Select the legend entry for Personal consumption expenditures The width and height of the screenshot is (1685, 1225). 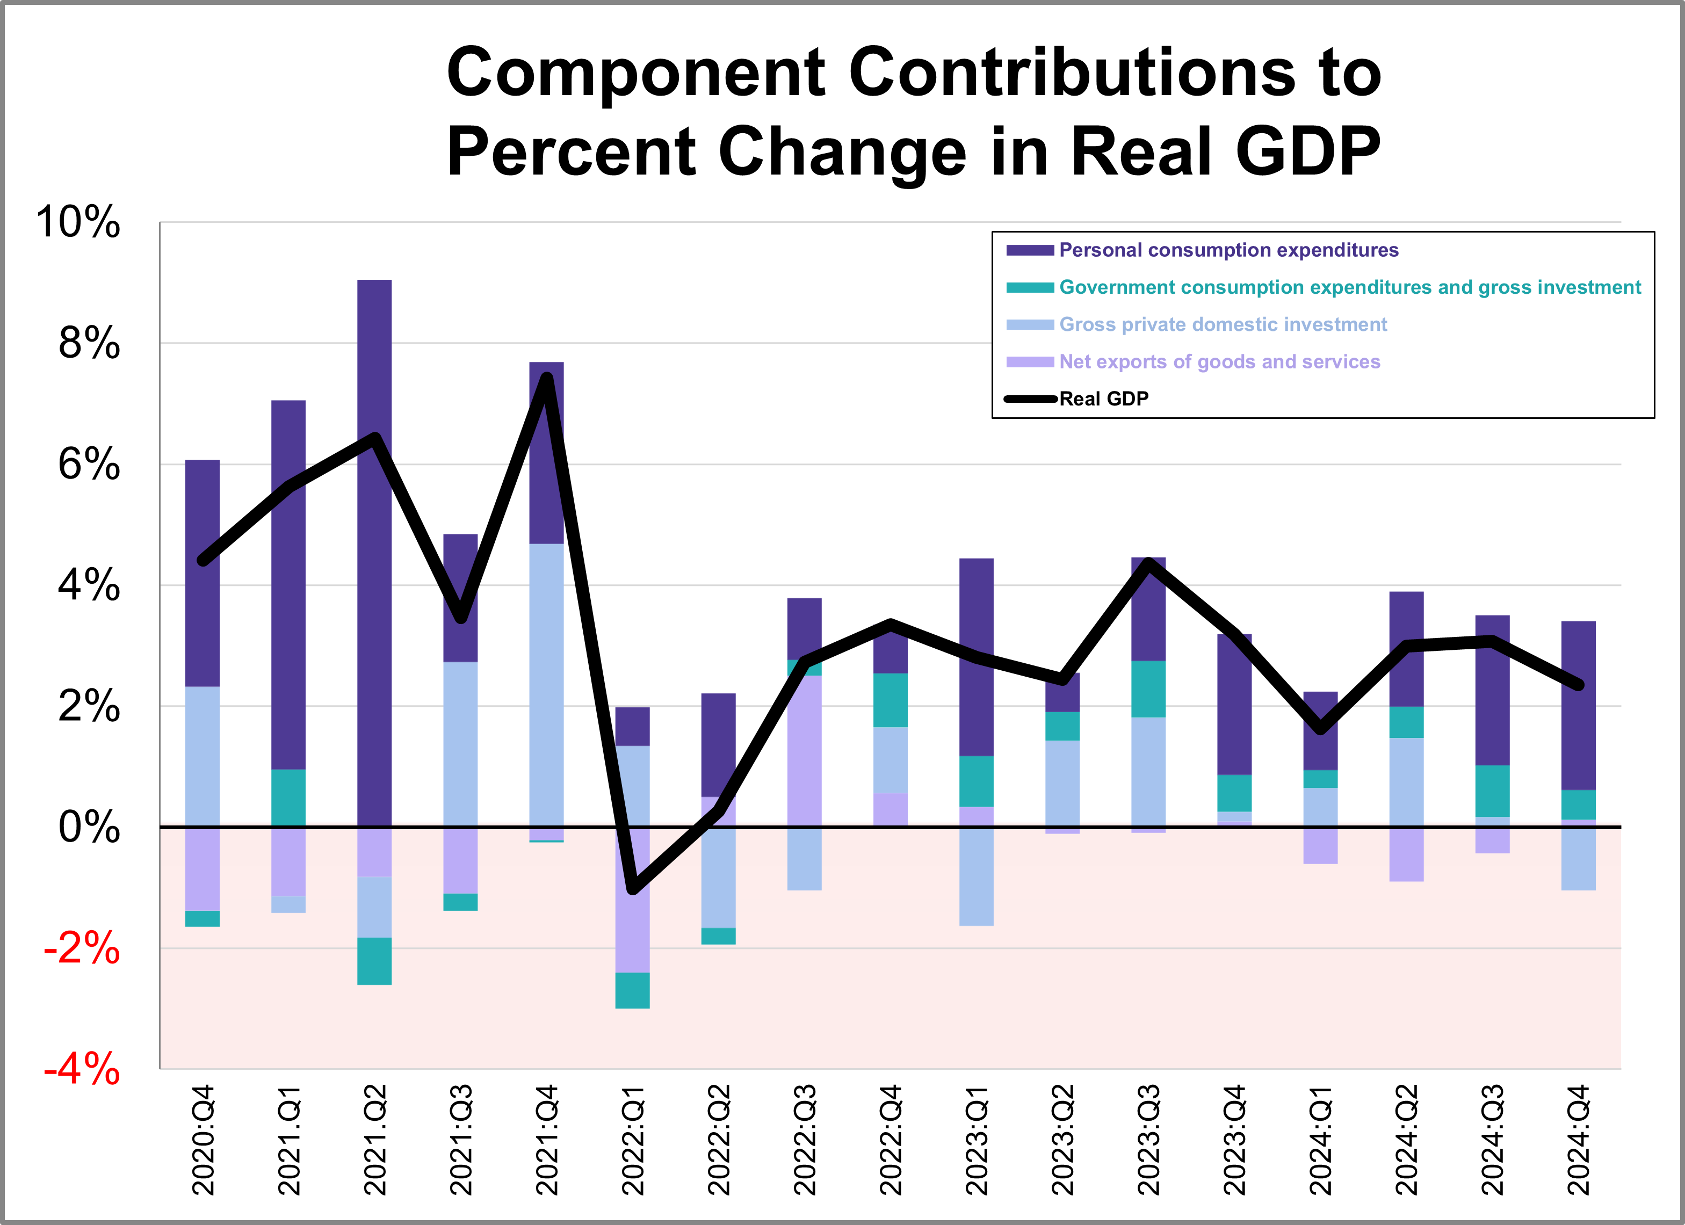pos(1227,250)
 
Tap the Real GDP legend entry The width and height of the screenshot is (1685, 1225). pos(1103,399)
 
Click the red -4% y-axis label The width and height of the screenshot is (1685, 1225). pos(82,1069)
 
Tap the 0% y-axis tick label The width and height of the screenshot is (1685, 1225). pos(89,827)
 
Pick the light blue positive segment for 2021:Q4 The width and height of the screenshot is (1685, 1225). pos(546,684)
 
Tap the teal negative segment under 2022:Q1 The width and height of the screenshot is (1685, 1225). pos(632,990)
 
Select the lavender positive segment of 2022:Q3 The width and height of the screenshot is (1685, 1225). pos(805,750)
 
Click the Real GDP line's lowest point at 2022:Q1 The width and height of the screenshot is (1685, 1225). pos(632,888)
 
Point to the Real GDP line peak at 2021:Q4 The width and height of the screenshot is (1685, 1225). pos(547,378)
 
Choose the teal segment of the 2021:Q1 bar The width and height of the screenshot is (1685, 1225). pos(288,797)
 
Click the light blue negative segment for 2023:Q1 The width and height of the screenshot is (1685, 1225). pos(976,876)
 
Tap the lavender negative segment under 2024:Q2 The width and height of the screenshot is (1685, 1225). pos(1406,854)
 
